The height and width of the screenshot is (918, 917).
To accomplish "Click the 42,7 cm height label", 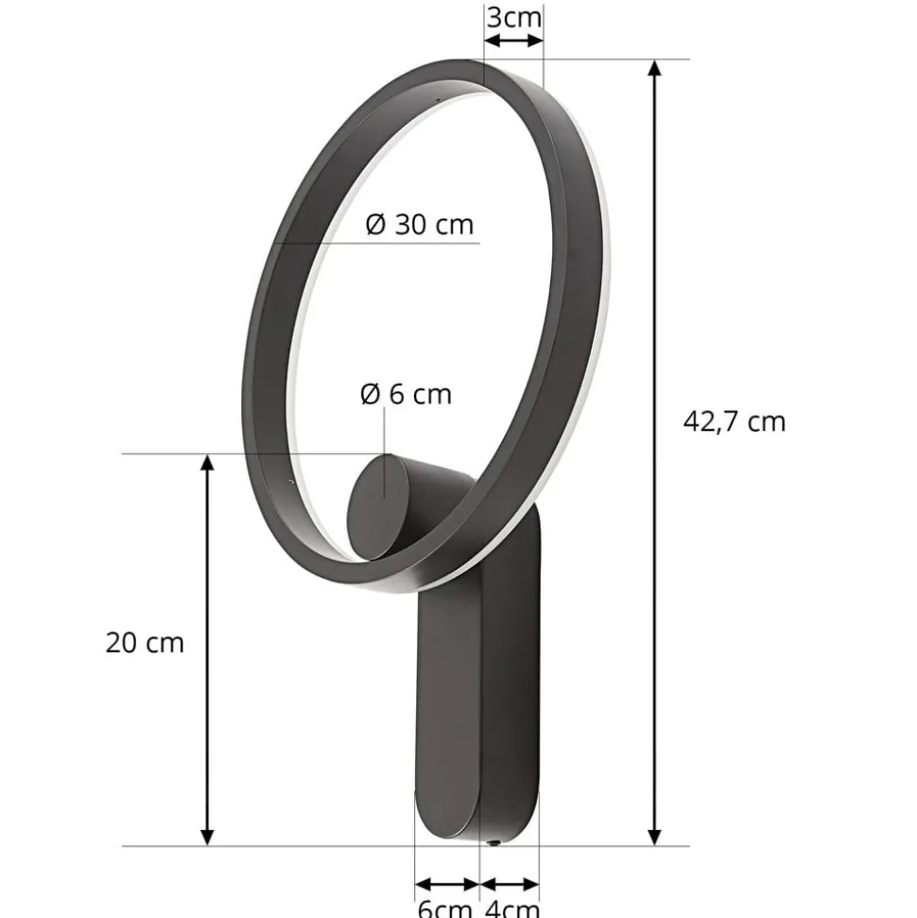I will (x=734, y=421).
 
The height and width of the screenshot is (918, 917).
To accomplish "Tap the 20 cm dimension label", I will (x=145, y=643).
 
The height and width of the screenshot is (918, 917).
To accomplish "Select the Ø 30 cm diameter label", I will (x=419, y=224).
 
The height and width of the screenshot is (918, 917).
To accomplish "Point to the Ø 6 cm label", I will (x=407, y=393).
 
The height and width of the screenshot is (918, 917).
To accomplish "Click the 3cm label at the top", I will (x=514, y=16).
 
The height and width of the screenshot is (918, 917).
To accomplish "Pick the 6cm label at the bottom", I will (x=444, y=908).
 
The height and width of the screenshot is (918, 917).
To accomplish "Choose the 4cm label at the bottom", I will (x=510, y=908).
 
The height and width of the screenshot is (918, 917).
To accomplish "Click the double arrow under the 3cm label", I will (x=513, y=41).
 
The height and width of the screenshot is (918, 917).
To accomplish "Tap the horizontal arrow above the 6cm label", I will (x=447, y=885).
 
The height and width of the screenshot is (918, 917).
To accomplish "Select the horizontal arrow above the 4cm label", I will (x=510, y=885).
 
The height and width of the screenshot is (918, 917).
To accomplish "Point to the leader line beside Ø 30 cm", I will (x=378, y=243).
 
